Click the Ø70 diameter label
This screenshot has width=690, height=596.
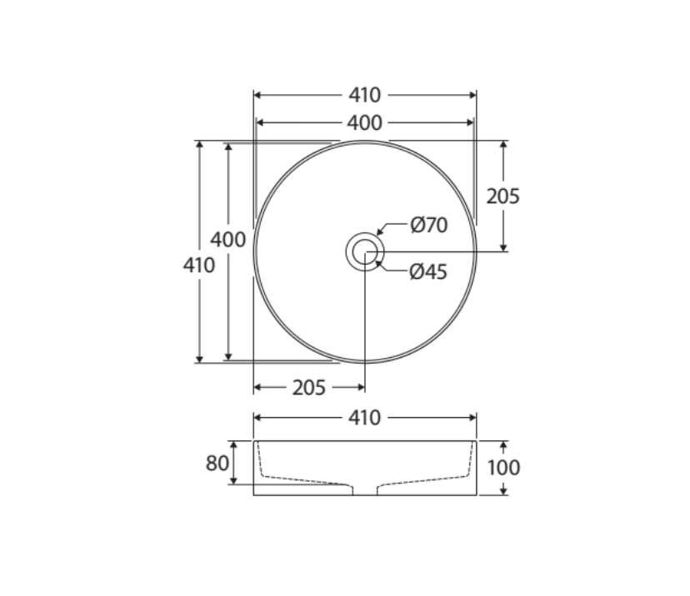[x=429, y=226]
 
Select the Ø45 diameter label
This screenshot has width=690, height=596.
[x=428, y=272]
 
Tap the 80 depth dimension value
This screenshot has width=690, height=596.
[x=217, y=463]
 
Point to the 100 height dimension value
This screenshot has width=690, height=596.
[x=503, y=468]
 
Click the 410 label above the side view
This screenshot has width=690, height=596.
[x=364, y=418]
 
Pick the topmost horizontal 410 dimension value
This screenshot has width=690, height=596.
[x=364, y=96]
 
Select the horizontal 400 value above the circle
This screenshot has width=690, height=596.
[x=364, y=123]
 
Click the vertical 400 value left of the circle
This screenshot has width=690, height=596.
[x=227, y=240]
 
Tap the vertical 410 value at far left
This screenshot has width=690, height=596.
[x=199, y=266]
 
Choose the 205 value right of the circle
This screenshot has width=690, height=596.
[x=503, y=196]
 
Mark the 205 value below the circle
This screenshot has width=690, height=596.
[x=308, y=388]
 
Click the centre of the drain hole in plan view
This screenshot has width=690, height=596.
[x=365, y=251]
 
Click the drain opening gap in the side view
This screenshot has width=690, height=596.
[x=365, y=489]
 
